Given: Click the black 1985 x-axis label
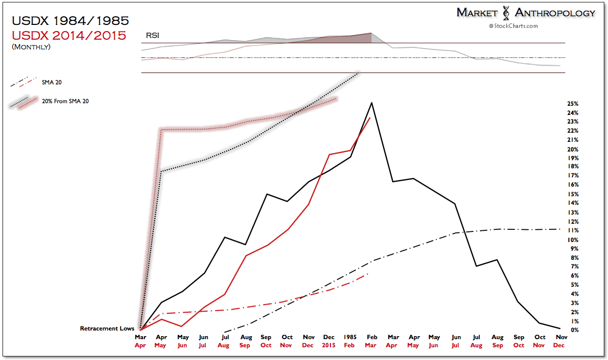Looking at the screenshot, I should [349, 337].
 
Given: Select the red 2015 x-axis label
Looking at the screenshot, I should [328, 345].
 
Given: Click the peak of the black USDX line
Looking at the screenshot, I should [372, 103].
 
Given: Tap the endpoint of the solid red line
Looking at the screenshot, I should [370, 117].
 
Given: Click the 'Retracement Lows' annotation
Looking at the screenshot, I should [107, 328].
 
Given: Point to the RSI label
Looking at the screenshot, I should [151, 36].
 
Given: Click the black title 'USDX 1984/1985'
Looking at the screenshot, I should [70, 21].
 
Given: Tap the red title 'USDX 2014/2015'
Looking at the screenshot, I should [69, 36].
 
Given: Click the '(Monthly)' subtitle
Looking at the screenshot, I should [31, 47].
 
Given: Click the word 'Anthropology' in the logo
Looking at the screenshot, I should [555, 13].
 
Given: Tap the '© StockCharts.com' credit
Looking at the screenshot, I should [513, 25].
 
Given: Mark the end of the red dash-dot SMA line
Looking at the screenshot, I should [368, 274].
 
